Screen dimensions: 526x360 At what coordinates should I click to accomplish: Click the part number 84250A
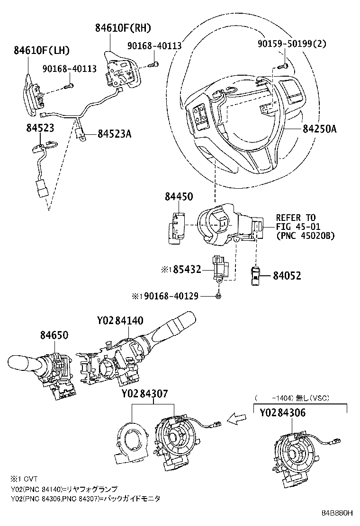coord(318,128)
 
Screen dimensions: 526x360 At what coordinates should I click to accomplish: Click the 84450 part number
coord(179,196)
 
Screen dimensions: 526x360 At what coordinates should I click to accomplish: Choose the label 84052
coord(287,275)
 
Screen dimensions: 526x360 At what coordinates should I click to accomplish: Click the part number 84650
coord(54,335)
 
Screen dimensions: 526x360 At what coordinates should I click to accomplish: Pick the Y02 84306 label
coord(282,412)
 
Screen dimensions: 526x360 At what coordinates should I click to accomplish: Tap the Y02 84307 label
coord(144,394)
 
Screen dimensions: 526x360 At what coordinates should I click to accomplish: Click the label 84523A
coord(114,134)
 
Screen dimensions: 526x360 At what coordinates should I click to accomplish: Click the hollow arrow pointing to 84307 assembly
coord(237,418)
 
